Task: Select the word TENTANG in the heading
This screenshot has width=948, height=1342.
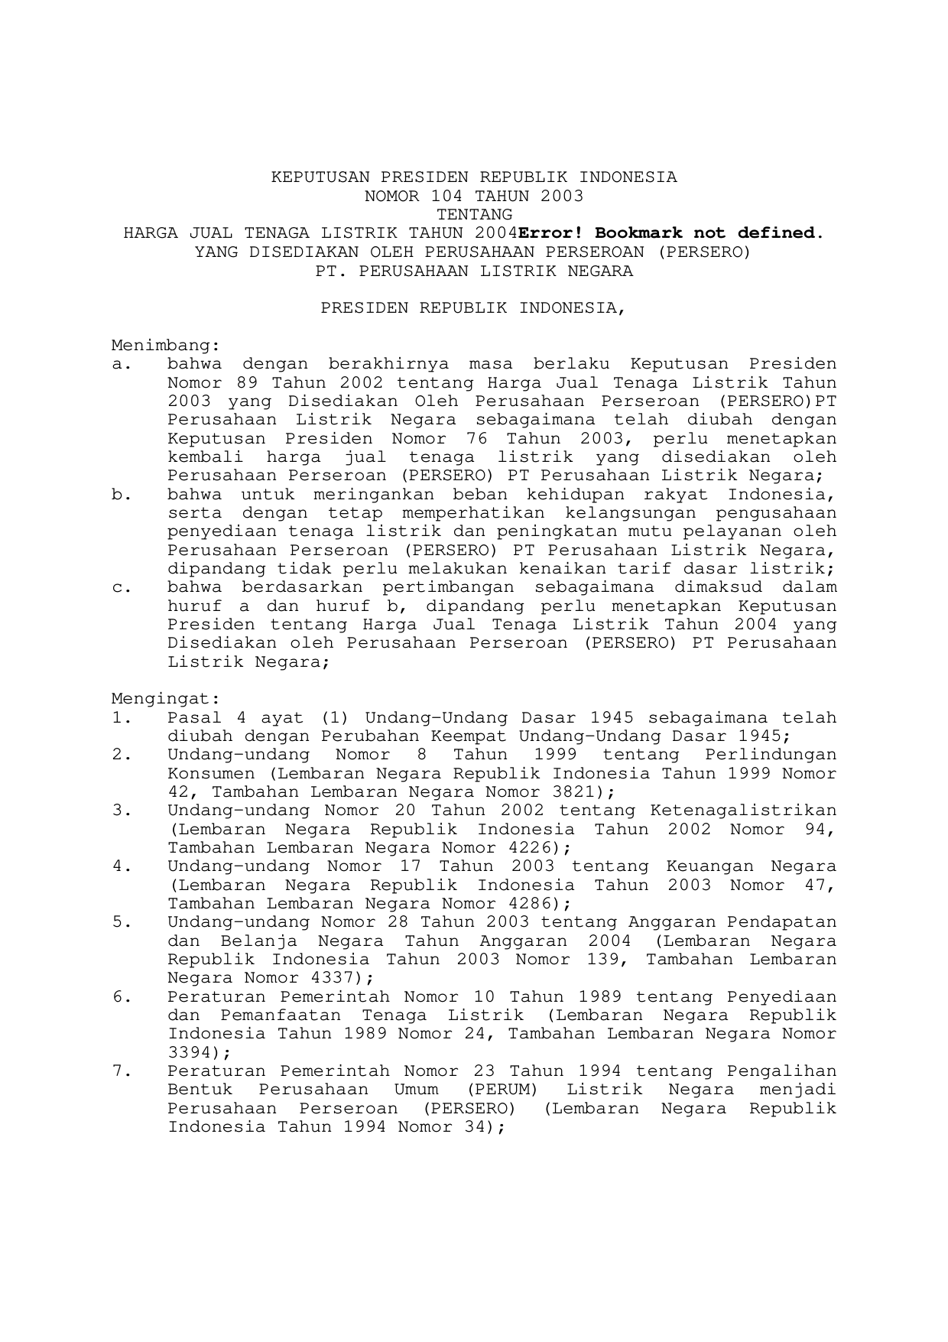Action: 474,214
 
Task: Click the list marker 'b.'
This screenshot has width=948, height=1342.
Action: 122,494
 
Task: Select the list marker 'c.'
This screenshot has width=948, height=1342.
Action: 122,587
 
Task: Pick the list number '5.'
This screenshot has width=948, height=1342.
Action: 122,922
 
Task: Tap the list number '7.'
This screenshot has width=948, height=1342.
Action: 122,1071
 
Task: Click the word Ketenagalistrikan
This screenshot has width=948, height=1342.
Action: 743,811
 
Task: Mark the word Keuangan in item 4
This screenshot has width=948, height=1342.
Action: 710,866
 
